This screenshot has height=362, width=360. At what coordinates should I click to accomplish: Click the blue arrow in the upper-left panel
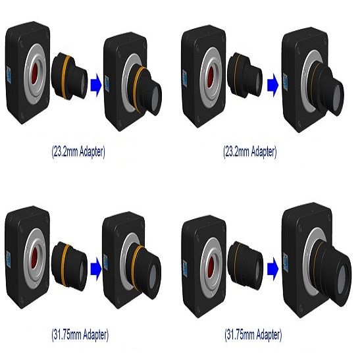pyautogui.click(x=96, y=85)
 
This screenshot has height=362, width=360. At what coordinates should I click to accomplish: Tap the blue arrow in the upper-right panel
pyautogui.click(x=272, y=85)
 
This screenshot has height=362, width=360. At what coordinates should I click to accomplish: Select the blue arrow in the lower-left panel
pyautogui.click(x=96, y=269)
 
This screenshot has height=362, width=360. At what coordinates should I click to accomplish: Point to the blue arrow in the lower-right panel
pyautogui.click(x=272, y=269)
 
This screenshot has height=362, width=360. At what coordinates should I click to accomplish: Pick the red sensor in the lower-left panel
pyautogui.click(x=35, y=257)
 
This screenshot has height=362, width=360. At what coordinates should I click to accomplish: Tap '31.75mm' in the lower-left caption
pyautogui.click(x=66, y=334)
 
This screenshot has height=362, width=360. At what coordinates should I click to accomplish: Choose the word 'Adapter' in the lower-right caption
pyautogui.click(x=268, y=334)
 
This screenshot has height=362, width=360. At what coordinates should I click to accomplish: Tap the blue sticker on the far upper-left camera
pyautogui.click(x=9, y=75)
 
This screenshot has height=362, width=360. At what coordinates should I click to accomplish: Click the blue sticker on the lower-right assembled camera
pyautogui.click(x=286, y=260)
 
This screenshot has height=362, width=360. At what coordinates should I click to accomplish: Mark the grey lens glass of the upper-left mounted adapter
pyautogui.click(x=156, y=97)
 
